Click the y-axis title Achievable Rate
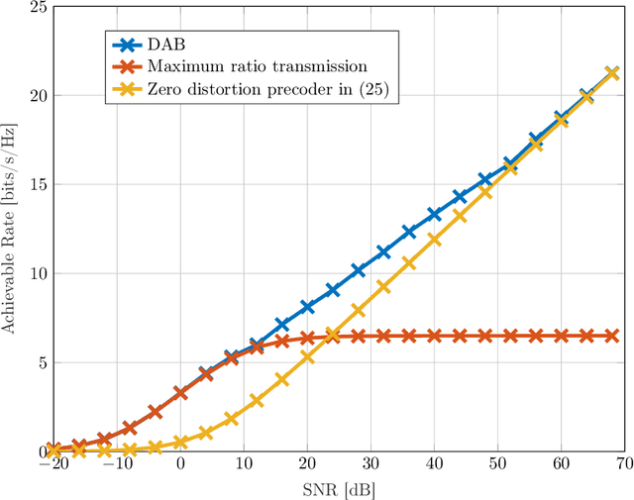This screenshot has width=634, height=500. pos(11,229)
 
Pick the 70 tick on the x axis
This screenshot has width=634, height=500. pos(624,465)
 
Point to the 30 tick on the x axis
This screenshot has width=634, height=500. pos(370,465)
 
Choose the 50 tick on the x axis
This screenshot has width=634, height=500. pos(497,465)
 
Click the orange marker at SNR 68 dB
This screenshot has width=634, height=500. pos(611,336)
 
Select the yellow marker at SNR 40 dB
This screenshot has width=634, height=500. pos(434,239)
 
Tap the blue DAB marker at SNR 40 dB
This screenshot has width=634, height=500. pos(434,214)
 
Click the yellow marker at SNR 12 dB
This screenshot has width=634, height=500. pos(257,400)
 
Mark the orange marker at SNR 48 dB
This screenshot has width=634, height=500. pos(484,336)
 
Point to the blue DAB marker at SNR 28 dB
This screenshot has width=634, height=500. pos(358,270)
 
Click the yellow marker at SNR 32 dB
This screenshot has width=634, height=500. pos(383,287)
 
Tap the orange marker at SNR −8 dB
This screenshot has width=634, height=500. pos(130,428)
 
